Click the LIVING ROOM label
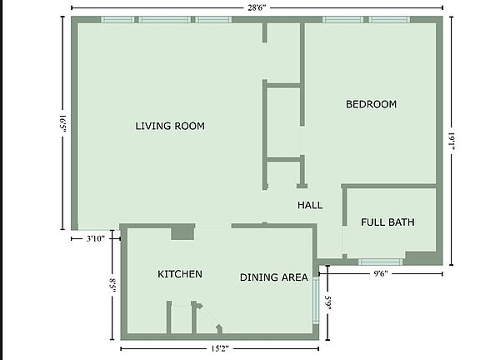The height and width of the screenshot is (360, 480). click(x=170, y=126)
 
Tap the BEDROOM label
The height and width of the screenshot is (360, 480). click(x=371, y=104)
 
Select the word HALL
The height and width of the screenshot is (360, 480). click(x=310, y=205)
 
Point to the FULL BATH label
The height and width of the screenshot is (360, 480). click(x=387, y=222)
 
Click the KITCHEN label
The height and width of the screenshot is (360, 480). click(x=180, y=274)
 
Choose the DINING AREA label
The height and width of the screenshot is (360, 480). click(x=274, y=277)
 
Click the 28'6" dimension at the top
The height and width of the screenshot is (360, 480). click(x=257, y=7)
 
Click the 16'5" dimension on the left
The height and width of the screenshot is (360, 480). click(x=60, y=123)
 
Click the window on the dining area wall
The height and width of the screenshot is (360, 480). click(x=316, y=300)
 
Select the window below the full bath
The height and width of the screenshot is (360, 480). click(x=381, y=262)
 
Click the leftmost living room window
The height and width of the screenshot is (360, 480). click(x=117, y=19)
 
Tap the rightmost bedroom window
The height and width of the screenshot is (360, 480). click(x=389, y=19)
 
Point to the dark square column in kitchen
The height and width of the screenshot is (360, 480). click(x=182, y=232)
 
